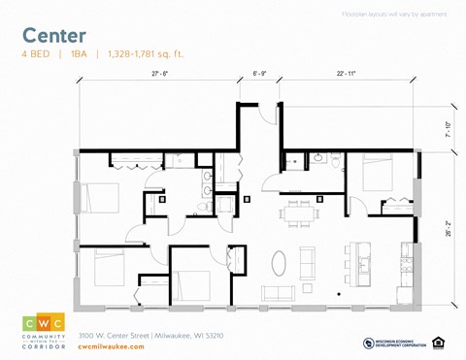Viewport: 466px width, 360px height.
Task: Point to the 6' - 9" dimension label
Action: (x=258, y=74)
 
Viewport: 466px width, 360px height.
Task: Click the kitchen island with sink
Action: (x=370, y=261)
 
